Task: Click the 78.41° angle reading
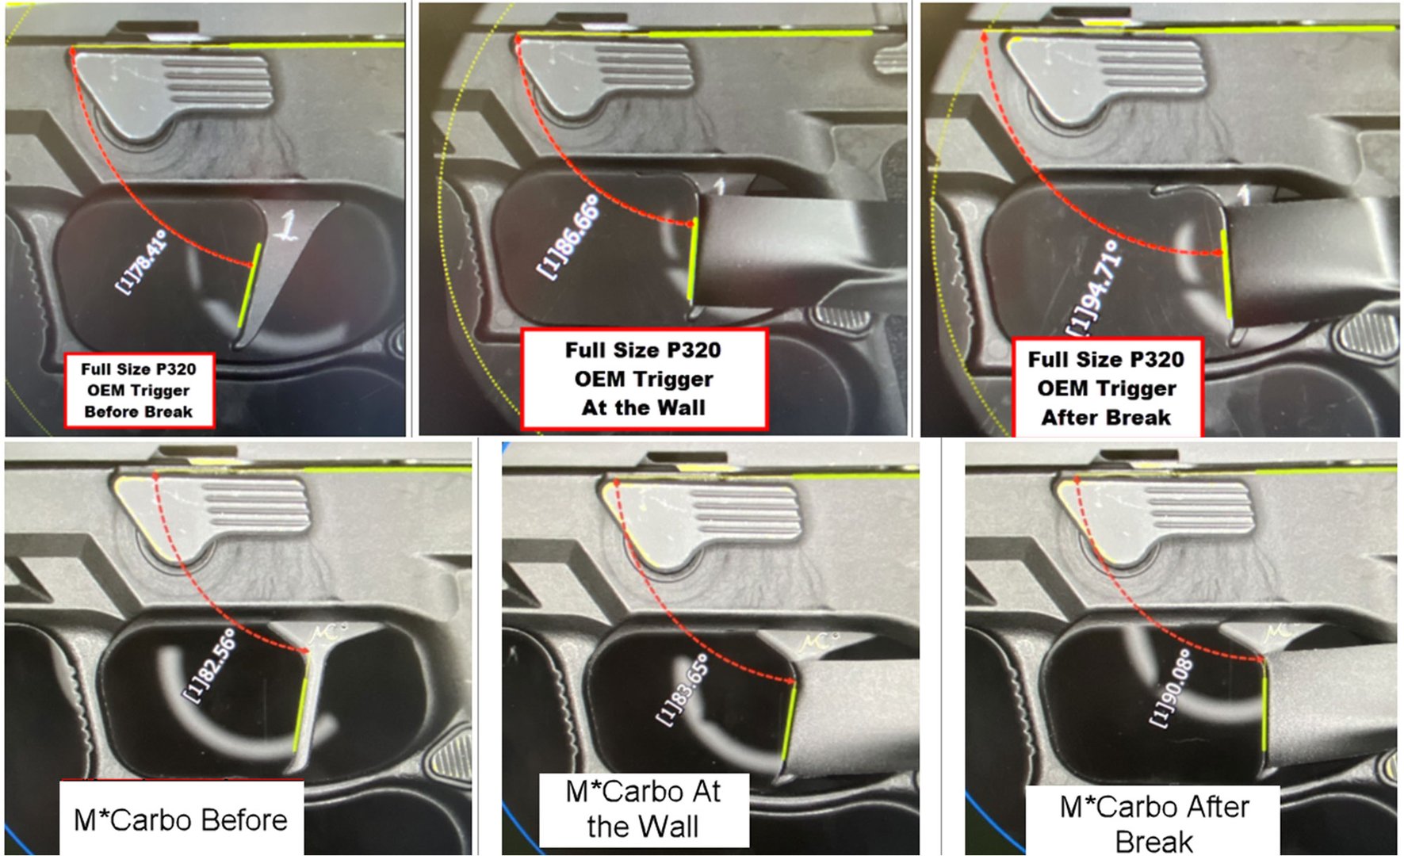(x=142, y=262)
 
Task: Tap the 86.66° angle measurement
(x=568, y=236)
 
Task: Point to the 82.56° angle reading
(x=210, y=664)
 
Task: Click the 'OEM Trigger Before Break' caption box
(x=139, y=390)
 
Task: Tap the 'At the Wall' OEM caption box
(x=643, y=379)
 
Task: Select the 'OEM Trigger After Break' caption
(x=1106, y=388)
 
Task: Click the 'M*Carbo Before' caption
(x=181, y=819)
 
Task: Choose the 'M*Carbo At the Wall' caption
(x=643, y=809)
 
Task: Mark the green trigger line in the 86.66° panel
(x=693, y=261)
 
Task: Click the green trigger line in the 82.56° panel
(x=300, y=714)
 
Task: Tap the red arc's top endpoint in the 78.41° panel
(x=73, y=51)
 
